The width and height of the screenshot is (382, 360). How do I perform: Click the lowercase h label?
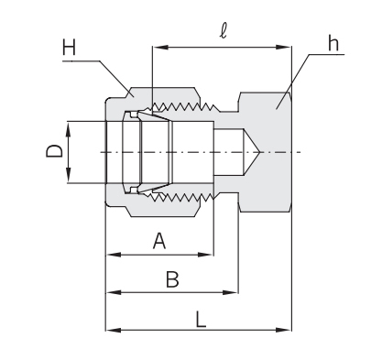tap(331, 43)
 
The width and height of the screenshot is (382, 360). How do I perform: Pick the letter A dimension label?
tap(158, 242)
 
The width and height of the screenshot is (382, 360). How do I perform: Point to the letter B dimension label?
tap(171, 280)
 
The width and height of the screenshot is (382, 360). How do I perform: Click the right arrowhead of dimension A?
tap(208, 256)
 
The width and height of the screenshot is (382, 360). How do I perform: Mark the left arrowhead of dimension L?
tap(112, 329)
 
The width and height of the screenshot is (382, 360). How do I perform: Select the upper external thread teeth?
tap(183, 106)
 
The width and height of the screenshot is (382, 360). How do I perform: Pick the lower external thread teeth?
tap(183, 197)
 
